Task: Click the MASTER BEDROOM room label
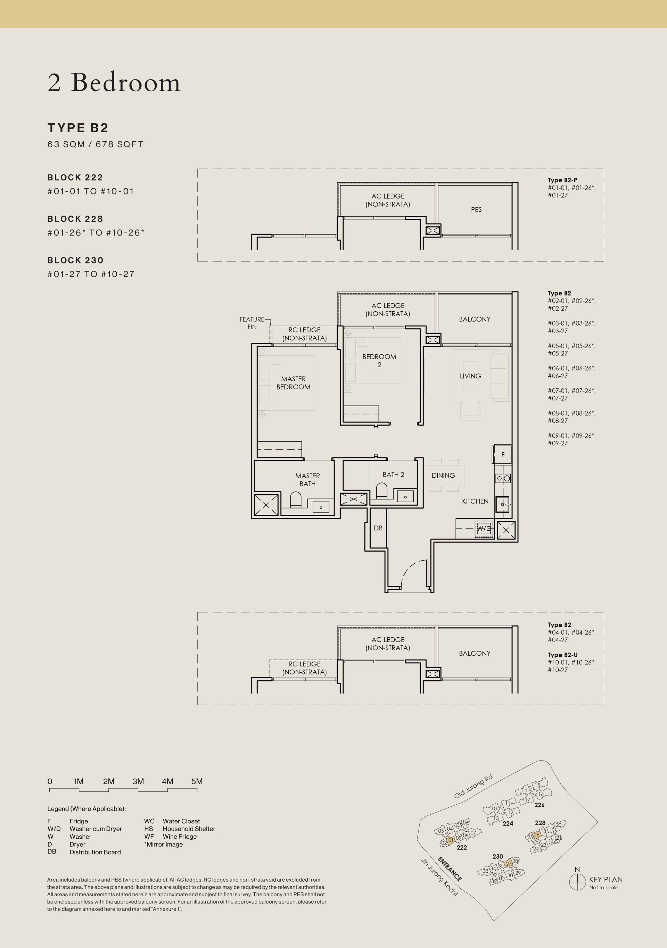click(x=294, y=383)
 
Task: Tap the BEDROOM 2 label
click(x=379, y=360)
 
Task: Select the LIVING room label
click(x=470, y=376)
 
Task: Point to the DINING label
click(x=443, y=475)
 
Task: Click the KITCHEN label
click(x=475, y=501)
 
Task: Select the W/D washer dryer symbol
click(x=484, y=529)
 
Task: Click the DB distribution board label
click(x=378, y=528)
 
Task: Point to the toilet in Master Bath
click(x=296, y=500)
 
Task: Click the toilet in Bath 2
click(x=381, y=491)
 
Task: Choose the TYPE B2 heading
click(x=78, y=128)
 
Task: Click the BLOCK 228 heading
click(x=75, y=219)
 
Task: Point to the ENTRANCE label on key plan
click(x=450, y=869)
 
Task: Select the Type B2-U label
click(x=562, y=655)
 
